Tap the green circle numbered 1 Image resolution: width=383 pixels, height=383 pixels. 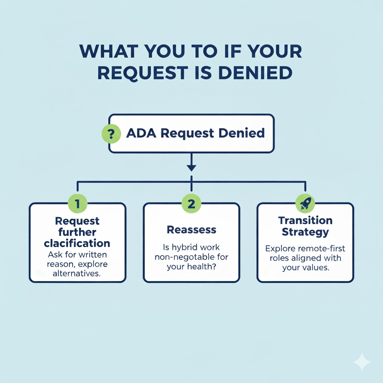coord(77,204)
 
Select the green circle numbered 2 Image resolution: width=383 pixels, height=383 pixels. coord(191,204)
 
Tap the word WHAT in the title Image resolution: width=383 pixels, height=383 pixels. coord(109,52)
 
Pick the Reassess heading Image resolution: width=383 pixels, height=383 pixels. coord(191,229)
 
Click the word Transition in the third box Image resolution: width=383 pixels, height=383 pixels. coord(305,220)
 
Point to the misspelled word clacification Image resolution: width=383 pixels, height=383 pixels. coord(77,243)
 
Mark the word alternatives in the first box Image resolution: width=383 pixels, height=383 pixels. coord(77,273)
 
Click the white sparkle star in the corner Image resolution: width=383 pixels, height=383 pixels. coord(362,362)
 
